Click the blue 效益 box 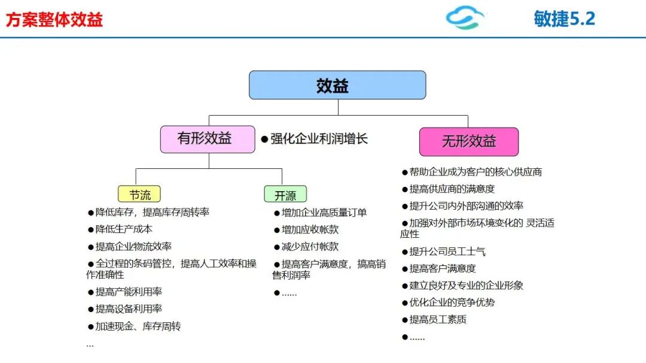tap(337, 85)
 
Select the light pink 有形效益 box tap(208, 140)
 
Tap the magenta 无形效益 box tap(469, 141)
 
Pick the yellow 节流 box tap(139, 194)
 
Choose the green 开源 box tap(285, 194)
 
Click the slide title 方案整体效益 tap(54, 19)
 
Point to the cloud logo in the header tap(465, 18)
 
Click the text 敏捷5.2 tap(565, 19)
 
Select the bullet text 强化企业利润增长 tap(315, 138)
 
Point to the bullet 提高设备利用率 tap(125, 309)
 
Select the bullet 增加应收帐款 tap(306, 230)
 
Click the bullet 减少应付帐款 tap(306, 247)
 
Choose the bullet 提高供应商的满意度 tap(448, 189)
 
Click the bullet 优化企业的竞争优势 tap(448, 302)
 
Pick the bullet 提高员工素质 tap(434, 320)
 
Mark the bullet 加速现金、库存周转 tap(135, 326)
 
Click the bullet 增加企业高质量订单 tap(320, 213)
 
